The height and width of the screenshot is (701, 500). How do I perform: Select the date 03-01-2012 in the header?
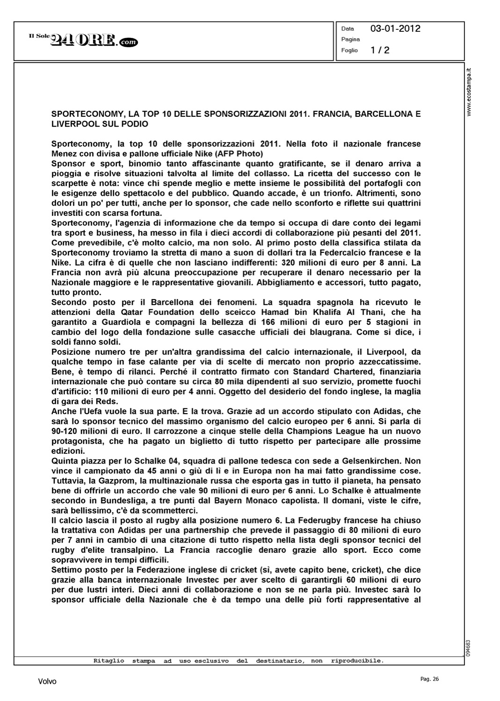tap(395, 29)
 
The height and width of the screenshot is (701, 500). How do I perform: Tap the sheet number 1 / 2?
tap(380, 50)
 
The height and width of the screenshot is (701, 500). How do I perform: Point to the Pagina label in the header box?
tap(350, 40)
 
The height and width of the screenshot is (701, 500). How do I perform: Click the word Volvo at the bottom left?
tap(47, 681)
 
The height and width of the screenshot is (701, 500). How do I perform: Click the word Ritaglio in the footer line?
tap(109, 661)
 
